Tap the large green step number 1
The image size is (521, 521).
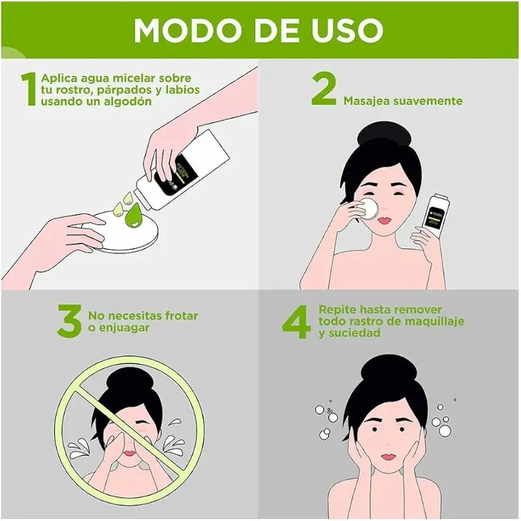coord(27,89)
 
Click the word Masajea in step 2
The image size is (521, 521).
coord(367,101)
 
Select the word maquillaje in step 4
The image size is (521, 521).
coord(439,321)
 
